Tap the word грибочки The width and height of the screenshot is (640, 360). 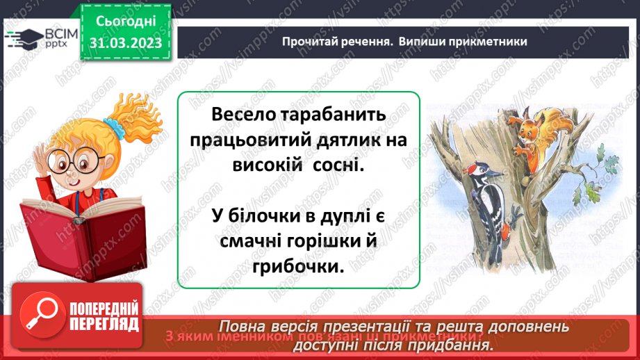299,268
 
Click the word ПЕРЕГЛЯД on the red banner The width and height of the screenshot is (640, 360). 104,324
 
